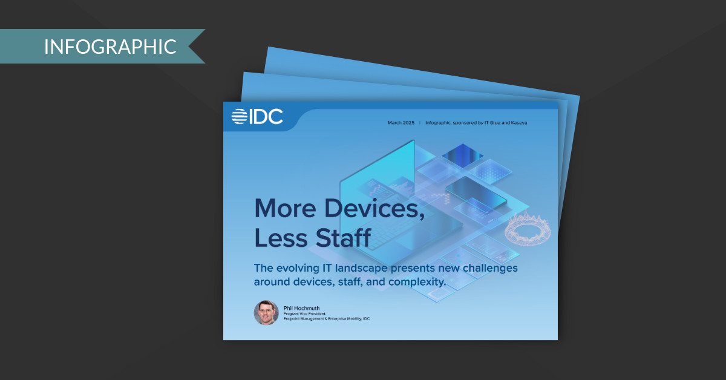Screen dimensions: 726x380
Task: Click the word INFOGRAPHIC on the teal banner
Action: [x=110, y=47]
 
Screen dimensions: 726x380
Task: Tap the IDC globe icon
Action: [x=239, y=116]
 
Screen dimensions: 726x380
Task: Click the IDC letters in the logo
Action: [x=266, y=116]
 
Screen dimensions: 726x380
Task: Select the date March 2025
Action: [x=401, y=123]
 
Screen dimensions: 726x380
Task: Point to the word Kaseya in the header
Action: [x=519, y=123]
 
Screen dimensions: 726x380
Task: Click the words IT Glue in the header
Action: [x=492, y=123]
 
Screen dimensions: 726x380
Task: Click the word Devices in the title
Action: [x=374, y=209]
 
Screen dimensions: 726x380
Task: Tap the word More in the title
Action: [x=285, y=209]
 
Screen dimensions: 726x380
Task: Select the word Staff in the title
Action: [x=344, y=238]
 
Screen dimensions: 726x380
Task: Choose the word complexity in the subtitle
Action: [x=417, y=282]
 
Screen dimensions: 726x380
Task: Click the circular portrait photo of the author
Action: [x=266, y=313]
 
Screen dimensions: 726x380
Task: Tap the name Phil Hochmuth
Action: [x=301, y=308]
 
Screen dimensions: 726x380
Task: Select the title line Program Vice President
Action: [x=305, y=314]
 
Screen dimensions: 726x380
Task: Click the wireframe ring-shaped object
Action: [x=528, y=229]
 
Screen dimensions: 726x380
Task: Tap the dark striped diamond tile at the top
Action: [x=462, y=156]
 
